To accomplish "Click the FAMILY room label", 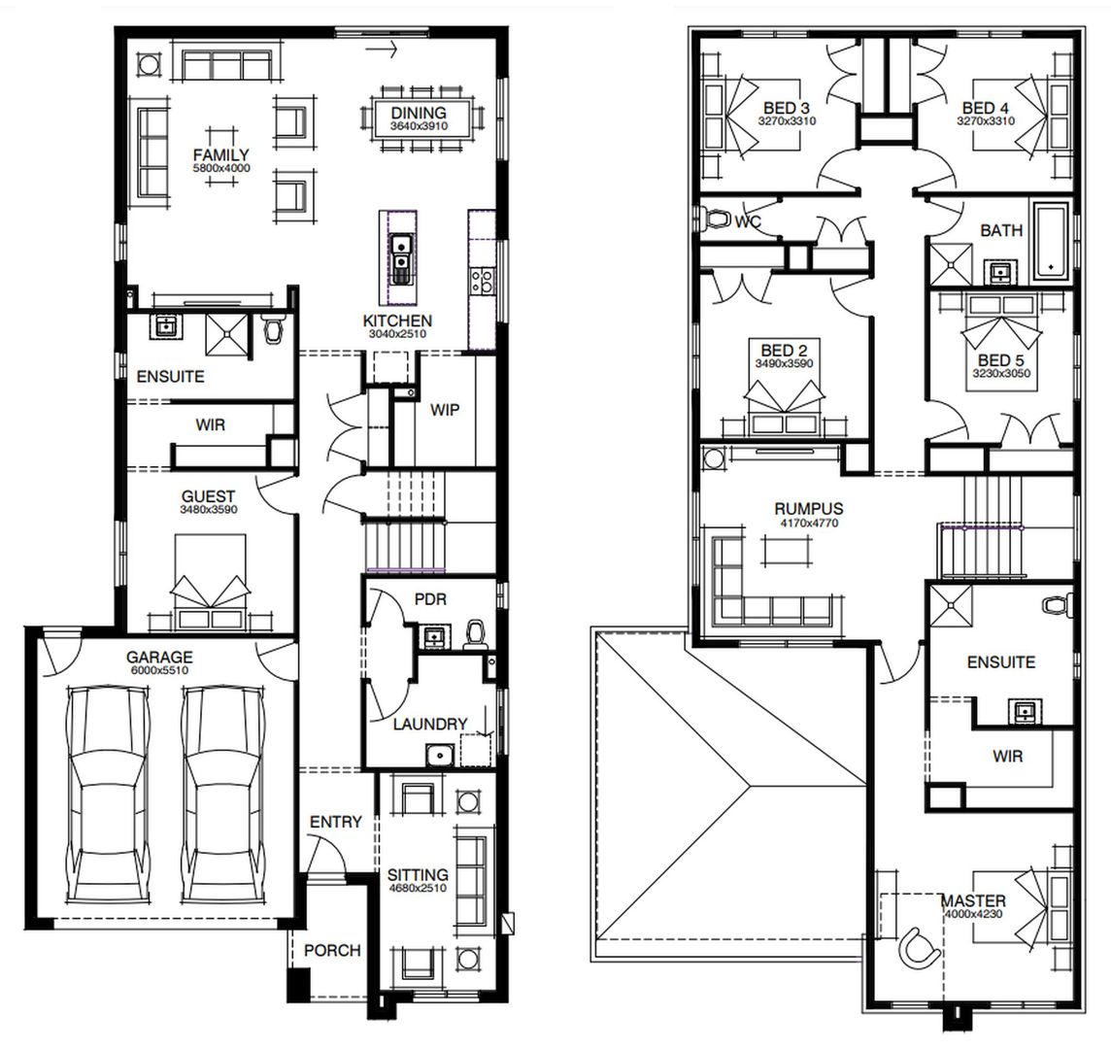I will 220,155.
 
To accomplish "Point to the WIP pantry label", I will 445,410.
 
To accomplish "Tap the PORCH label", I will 332,950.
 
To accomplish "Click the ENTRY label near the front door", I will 336,822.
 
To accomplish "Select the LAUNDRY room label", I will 430,724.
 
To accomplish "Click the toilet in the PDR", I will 476,634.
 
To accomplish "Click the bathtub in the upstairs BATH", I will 1051,240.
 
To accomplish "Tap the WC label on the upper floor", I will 748,222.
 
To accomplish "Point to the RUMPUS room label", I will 808,508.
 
